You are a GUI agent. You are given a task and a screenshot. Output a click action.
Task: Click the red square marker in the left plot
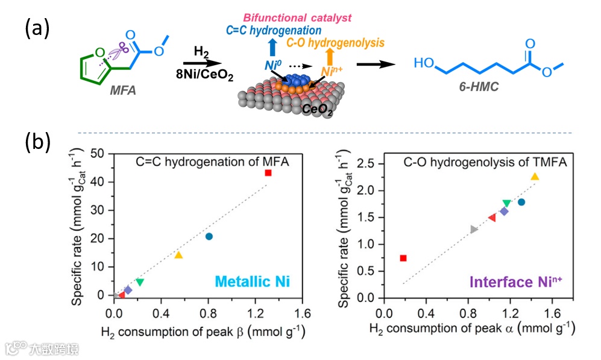pos(268,173)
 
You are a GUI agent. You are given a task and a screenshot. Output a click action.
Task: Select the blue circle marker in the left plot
pos(209,236)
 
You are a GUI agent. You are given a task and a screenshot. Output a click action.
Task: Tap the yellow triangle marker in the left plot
pos(178,255)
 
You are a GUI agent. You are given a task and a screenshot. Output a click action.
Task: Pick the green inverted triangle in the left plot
pos(140,282)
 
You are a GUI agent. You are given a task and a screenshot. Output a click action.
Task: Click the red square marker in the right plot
pos(403,258)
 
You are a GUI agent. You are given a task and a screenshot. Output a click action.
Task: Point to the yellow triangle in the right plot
pos(535,177)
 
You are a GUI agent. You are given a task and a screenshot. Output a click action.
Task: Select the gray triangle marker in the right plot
pos(474,229)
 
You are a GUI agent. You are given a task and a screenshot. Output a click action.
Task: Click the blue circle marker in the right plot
pos(521,202)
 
